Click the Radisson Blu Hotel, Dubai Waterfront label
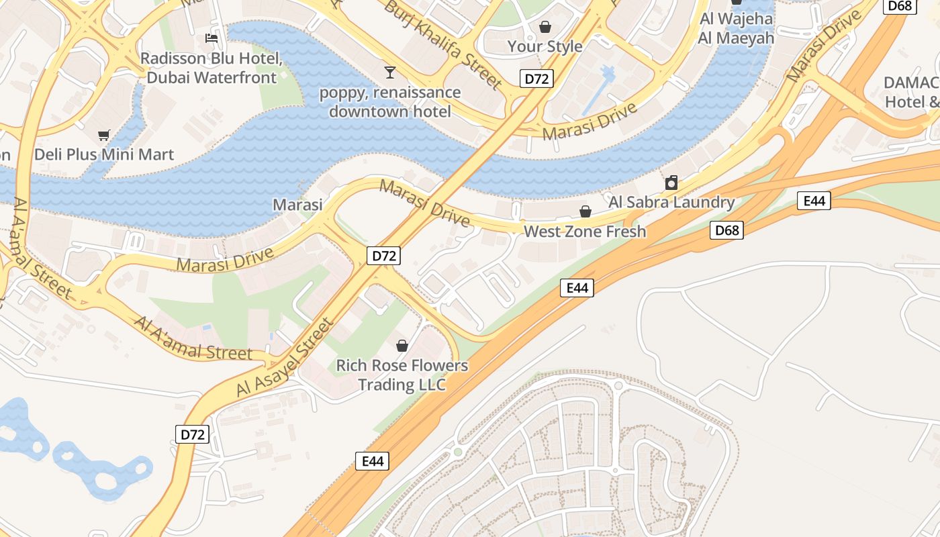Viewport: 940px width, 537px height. click(x=211, y=68)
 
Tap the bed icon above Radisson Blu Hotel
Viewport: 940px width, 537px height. click(x=211, y=38)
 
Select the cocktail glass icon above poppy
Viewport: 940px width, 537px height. click(x=390, y=72)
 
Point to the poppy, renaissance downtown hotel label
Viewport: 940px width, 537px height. click(x=390, y=101)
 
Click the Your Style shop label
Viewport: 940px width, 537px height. click(x=545, y=46)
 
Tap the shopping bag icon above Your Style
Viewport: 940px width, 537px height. click(x=545, y=27)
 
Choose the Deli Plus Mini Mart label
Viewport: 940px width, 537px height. click(x=104, y=154)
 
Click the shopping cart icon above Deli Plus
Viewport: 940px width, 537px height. click(x=103, y=135)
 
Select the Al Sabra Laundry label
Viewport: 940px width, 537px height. click(x=671, y=202)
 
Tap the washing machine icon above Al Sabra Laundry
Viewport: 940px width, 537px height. click(x=671, y=183)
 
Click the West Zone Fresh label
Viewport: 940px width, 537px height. click(x=585, y=232)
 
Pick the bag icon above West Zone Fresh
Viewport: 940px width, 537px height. click(x=585, y=211)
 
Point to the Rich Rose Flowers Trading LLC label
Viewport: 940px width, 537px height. click(x=402, y=375)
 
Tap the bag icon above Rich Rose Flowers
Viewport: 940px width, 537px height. click(x=402, y=346)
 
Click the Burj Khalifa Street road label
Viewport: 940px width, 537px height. click(x=443, y=45)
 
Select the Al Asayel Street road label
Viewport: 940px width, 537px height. click(x=285, y=358)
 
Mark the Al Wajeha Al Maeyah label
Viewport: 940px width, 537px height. click(x=736, y=28)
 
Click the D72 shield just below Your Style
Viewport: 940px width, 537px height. click(x=536, y=79)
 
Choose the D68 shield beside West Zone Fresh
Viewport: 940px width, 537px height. click(x=726, y=230)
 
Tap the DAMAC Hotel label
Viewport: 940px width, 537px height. click(x=912, y=92)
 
